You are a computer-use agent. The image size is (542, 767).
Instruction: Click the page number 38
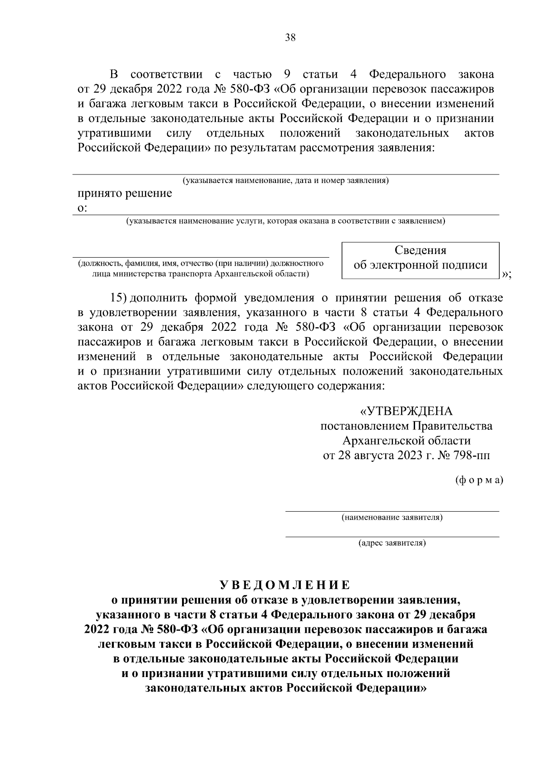(x=290, y=38)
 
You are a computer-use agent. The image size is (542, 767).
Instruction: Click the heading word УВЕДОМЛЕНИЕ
(x=285, y=585)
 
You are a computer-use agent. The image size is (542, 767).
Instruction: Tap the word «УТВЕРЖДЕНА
(x=406, y=411)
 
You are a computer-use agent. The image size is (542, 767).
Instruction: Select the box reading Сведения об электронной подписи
(x=421, y=259)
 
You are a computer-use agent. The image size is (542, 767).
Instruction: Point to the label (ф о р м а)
(x=478, y=480)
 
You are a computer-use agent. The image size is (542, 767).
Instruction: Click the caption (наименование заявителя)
(x=392, y=518)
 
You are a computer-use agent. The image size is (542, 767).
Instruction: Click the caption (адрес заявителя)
(x=392, y=543)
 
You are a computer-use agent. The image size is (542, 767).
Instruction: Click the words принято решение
(x=125, y=194)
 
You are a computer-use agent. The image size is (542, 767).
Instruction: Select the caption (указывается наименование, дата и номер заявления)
(x=285, y=181)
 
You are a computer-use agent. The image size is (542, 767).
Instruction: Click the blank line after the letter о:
(x=294, y=212)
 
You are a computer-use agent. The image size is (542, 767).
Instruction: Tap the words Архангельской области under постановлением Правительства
(x=406, y=441)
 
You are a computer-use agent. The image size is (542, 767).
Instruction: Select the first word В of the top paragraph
(x=115, y=75)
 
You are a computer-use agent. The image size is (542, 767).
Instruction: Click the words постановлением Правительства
(x=406, y=426)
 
